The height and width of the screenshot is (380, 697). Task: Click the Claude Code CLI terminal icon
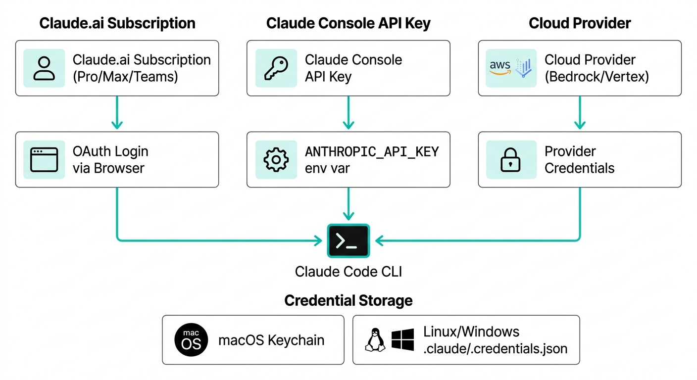point(348,241)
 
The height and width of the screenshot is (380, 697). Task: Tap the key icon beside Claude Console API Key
point(276,68)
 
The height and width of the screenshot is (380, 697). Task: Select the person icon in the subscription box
point(44,68)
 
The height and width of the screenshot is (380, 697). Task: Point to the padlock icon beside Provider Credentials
point(511,159)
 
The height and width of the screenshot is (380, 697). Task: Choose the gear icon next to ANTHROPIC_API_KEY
point(276,159)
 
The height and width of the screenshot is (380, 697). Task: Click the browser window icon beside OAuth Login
point(44,159)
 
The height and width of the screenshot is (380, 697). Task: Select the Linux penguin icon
point(375,340)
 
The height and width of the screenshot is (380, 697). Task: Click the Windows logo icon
point(402,340)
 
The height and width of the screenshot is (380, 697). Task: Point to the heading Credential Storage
point(348,301)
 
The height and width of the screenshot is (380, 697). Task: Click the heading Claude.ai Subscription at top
point(117,23)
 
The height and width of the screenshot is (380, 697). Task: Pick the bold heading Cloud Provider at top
point(580,23)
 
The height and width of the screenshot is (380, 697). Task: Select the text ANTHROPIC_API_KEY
point(372,151)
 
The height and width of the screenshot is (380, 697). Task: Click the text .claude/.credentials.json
point(495,348)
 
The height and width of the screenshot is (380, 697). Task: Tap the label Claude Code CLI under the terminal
point(348,271)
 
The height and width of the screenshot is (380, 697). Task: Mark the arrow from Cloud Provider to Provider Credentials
point(580,113)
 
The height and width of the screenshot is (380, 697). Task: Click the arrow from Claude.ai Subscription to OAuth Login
point(117,113)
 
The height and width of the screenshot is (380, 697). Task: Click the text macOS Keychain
point(271,340)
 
